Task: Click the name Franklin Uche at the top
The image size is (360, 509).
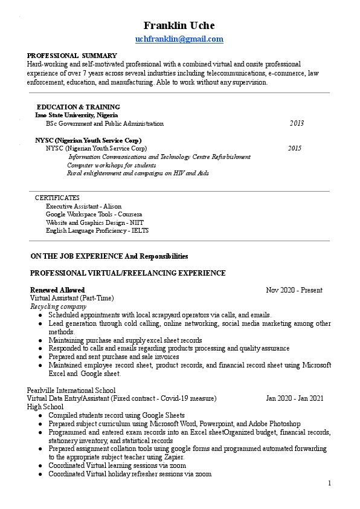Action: pyautogui.click(x=179, y=25)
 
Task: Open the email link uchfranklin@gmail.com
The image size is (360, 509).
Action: pyautogui.click(x=179, y=39)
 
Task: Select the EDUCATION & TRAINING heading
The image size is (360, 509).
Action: pyautogui.click(x=79, y=107)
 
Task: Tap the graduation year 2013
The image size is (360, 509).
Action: pyautogui.click(x=297, y=123)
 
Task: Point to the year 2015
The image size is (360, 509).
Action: pyautogui.click(x=295, y=148)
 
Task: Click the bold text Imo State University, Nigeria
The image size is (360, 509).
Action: pyautogui.click(x=77, y=115)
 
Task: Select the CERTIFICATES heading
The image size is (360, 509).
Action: pyautogui.click(x=57, y=198)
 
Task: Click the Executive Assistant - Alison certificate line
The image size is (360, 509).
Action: pyautogui.click(x=83, y=206)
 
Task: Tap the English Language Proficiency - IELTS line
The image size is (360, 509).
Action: pyautogui.click(x=97, y=230)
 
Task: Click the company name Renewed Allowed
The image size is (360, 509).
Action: pyautogui.click(x=57, y=290)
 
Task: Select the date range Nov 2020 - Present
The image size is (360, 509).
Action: pyautogui.click(x=294, y=290)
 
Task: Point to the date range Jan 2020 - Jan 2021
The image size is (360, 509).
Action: pyautogui.click(x=295, y=398)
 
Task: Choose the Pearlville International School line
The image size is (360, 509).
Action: pyautogui.click(x=71, y=391)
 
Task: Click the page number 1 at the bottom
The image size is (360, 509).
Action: pyautogui.click(x=330, y=483)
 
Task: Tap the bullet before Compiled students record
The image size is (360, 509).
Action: pyautogui.click(x=40, y=416)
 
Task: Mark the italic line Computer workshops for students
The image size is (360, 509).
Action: pyautogui.click(x=112, y=165)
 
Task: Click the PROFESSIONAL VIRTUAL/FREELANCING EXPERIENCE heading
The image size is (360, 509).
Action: pyautogui.click(x=128, y=273)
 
